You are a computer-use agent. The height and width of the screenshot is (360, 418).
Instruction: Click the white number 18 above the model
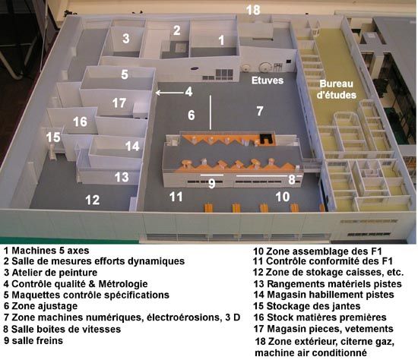point(253,10)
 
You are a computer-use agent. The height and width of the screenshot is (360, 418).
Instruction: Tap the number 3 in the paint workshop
point(126,38)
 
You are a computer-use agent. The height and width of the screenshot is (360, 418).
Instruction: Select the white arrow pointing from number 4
point(169,93)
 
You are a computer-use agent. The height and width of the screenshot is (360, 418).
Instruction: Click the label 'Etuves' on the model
point(268,81)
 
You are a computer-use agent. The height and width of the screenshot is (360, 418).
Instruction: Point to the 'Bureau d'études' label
point(337,90)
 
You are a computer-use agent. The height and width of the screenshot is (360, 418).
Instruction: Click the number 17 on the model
point(119,103)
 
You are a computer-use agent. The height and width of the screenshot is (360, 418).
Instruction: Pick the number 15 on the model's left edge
point(53,137)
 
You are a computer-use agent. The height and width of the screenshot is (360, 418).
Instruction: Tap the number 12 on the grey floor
point(93,200)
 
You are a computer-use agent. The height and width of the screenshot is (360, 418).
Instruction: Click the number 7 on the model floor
point(260,111)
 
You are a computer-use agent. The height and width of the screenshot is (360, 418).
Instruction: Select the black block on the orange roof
point(267,138)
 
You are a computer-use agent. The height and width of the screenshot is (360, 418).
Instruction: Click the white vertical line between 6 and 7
point(211,112)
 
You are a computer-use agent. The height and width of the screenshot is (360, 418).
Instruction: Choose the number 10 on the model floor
point(282,197)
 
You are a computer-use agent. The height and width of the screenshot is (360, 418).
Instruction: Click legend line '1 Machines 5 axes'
point(46,251)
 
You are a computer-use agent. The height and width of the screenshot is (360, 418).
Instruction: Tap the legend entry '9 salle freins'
point(33,340)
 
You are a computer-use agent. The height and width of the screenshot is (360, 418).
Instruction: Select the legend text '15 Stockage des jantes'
point(307,306)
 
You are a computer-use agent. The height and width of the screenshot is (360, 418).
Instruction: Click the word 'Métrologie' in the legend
point(123,284)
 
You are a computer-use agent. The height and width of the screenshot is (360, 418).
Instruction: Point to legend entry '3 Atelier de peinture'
point(50,273)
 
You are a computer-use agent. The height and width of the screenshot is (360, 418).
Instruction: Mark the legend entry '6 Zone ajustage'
point(40,306)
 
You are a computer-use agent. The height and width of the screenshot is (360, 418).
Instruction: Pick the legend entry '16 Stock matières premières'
point(320,317)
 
